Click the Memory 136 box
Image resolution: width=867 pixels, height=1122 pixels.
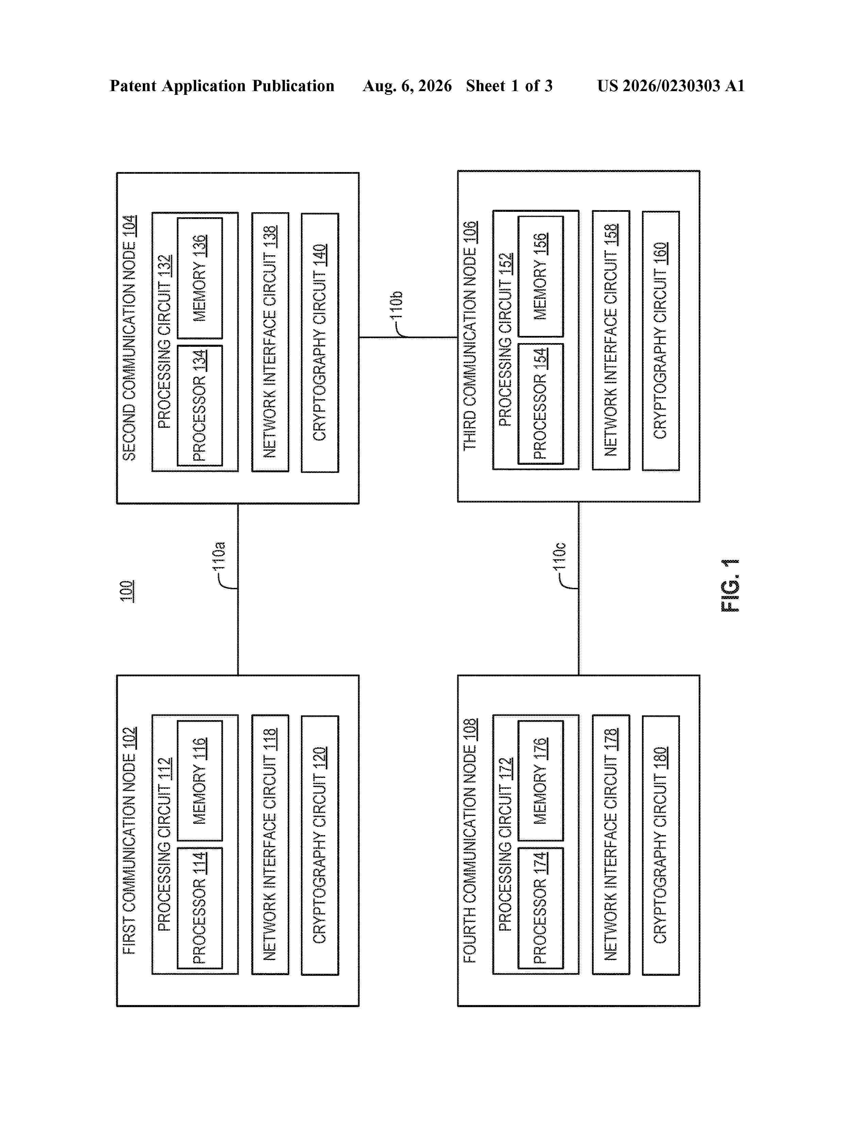(x=200, y=278)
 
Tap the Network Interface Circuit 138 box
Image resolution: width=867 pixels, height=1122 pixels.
(x=270, y=342)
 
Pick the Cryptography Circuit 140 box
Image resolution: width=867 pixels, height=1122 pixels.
(x=320, y=343)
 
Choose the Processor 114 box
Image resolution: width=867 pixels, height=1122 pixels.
(x=200, y=908)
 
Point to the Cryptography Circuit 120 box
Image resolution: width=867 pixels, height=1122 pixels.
(x=320, y=845)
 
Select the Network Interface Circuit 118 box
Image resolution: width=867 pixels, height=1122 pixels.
(x=270, y=845)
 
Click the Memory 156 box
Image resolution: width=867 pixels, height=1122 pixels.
(x=540, y=276)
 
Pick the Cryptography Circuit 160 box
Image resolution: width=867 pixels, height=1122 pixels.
(x=661, y=341)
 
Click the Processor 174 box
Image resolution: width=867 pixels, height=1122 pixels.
(x=540, y=908)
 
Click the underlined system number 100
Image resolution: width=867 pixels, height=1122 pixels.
(x=127, y=591)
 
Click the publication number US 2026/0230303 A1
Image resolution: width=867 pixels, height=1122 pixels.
(x=671, y=86)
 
